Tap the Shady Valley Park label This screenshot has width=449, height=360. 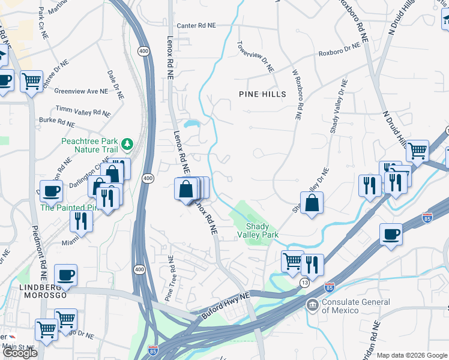coord(262,230)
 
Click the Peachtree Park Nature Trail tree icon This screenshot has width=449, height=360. coord(127,144)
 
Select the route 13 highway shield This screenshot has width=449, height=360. coord(306,282)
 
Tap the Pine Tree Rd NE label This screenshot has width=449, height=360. coord(169,278)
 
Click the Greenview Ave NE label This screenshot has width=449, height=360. coord(80,91)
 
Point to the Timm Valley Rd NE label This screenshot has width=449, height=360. coord(83,112)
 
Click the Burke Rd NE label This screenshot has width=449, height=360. coord(57,122)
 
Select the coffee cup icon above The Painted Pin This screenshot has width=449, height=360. coord(51,190)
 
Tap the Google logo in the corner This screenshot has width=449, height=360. coord(20,353)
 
